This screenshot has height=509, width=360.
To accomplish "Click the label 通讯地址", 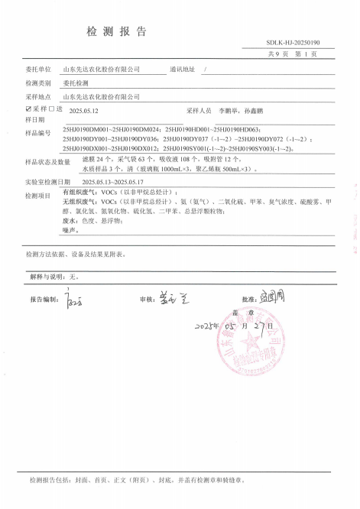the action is coord(183,69).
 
